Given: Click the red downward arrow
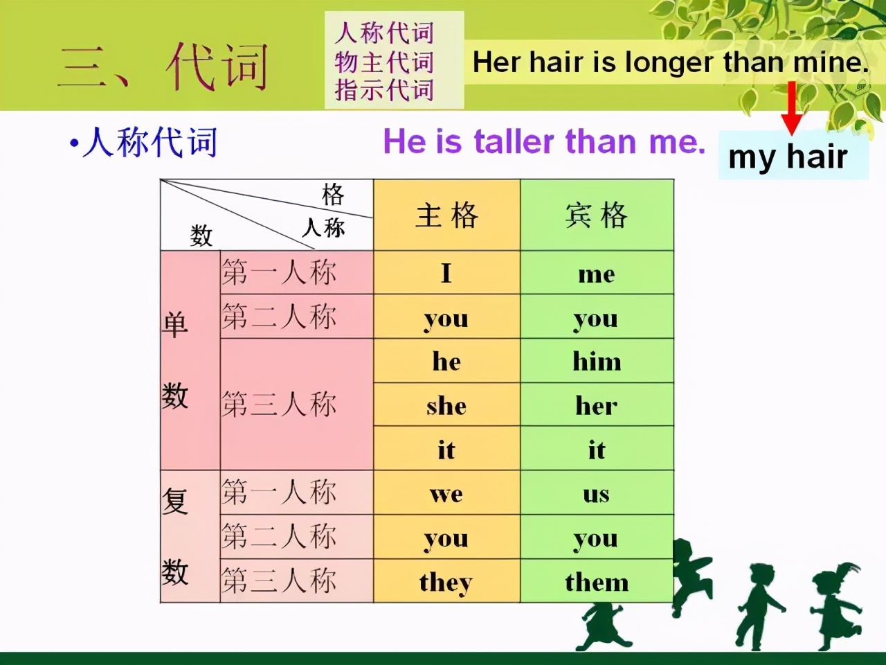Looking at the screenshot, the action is pyautogui.click(x=792, y=108).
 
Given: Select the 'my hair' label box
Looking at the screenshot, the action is pyautogui.click(x=793, y=156).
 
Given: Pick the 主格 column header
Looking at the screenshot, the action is pyautogui.click(x=447, y=215).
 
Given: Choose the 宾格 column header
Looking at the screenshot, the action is pyautogui.click(x=597, y=215).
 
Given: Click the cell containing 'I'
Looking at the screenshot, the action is pyautogui.click(x=447, y=272).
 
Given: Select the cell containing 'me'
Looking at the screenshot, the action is pyautogui.click(x=597, y=272).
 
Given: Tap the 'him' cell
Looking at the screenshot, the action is pyautogui.click(x=597, y=361).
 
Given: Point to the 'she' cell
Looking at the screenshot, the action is pyautogui.click(x=447, y=404).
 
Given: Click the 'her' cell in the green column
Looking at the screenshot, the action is pyautogui.click(x=597, y=404).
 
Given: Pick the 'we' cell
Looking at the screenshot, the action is pyautogui.click(x=447, y=493).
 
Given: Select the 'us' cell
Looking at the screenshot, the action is pyautogui.click(x=597, y=493).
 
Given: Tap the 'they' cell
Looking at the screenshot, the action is pyautogui.click(x=447, y=581).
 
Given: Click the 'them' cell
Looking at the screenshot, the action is pyautogui.click(x=597, y=581).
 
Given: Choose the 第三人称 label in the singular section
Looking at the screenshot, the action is pyautogui.click(x=279, y=404).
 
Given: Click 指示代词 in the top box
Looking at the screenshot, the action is pyautogui.click(x=384, y=89).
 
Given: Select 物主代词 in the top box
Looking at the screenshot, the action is pyautogui.click(x=384, y=62).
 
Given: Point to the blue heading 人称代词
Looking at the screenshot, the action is pyautogui.click(x=150, y=142).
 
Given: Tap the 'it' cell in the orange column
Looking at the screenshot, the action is pyautogui.click(x=447, y=448).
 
